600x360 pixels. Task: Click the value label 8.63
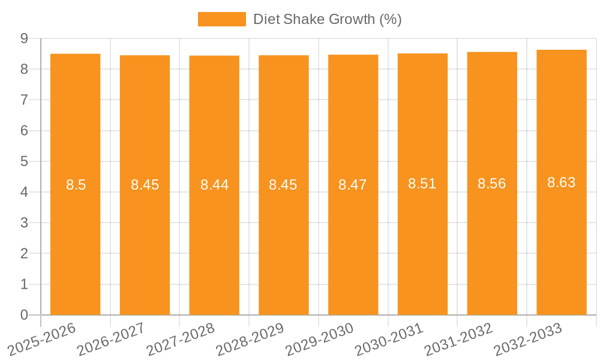562,182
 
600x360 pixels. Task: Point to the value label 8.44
214,185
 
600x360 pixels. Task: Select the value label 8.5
76,185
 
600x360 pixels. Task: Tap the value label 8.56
492,184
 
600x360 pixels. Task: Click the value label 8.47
353,185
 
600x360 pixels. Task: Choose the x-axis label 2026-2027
110,339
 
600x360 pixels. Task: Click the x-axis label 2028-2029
249,339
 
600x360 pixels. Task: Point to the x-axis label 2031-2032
458,339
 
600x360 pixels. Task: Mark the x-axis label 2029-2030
319,339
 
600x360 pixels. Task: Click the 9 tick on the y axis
24,38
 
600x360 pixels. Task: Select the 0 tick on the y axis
24,315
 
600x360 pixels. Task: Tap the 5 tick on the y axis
24,161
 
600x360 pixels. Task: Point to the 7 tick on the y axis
24,100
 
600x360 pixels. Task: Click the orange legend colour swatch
221,19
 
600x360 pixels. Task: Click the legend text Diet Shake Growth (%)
327,19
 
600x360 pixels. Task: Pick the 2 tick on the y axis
24,254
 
